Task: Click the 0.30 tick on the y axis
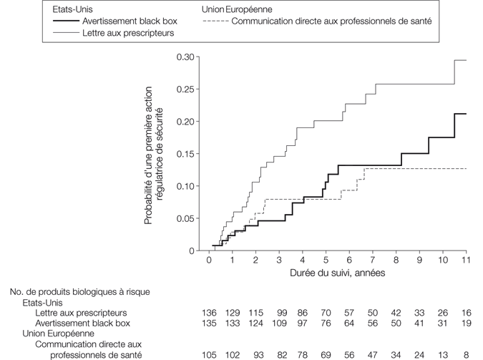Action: pyautogui.click(x=185, y=57)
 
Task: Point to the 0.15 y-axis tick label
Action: pyautogui.click(x=185, y=154)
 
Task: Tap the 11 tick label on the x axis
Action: pyautogui.click(x=467, y=262)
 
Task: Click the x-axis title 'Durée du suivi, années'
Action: pyautogui.click(x=337, y=274)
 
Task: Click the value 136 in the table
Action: pyautogui.click(x=210, y=313)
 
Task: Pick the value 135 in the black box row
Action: pyautogui.click(x=210, y=323)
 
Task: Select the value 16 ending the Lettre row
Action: pyautogui.click(x=467, y=313)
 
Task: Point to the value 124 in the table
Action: pyautogui.click(x=256, y=323)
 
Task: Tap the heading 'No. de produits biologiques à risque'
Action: pyautogui.click(x=79, y=292)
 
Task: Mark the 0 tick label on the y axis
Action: pyautogui.click(x=191, y=251)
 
